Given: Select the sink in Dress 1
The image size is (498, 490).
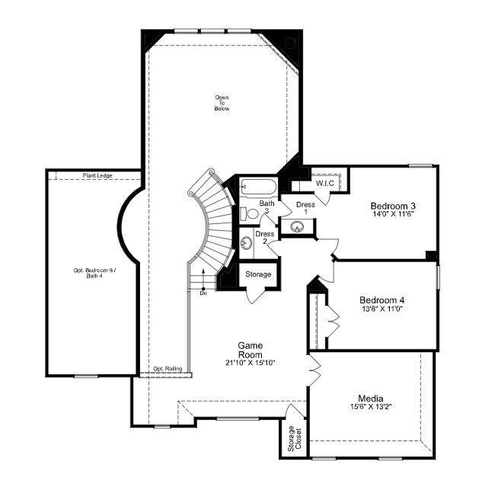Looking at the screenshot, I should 292,226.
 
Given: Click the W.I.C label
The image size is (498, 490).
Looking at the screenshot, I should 324,183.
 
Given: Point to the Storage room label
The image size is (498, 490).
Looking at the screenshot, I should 258,274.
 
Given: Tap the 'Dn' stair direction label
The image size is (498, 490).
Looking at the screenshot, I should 203,293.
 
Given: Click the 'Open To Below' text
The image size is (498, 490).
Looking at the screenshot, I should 222,103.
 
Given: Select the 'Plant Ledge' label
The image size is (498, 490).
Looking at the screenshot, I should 97,176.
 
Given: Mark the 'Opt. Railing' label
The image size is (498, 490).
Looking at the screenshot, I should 168,369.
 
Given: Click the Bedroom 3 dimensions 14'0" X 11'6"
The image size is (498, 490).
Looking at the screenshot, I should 392,216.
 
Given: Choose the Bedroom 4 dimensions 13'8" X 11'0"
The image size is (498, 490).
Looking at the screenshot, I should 381,310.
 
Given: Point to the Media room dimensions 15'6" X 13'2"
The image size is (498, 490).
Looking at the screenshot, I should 370,408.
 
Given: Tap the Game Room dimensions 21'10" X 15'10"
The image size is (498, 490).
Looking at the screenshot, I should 250,362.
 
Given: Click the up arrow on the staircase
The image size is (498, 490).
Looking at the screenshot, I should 203,276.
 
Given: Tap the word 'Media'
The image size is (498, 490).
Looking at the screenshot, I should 370,398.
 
